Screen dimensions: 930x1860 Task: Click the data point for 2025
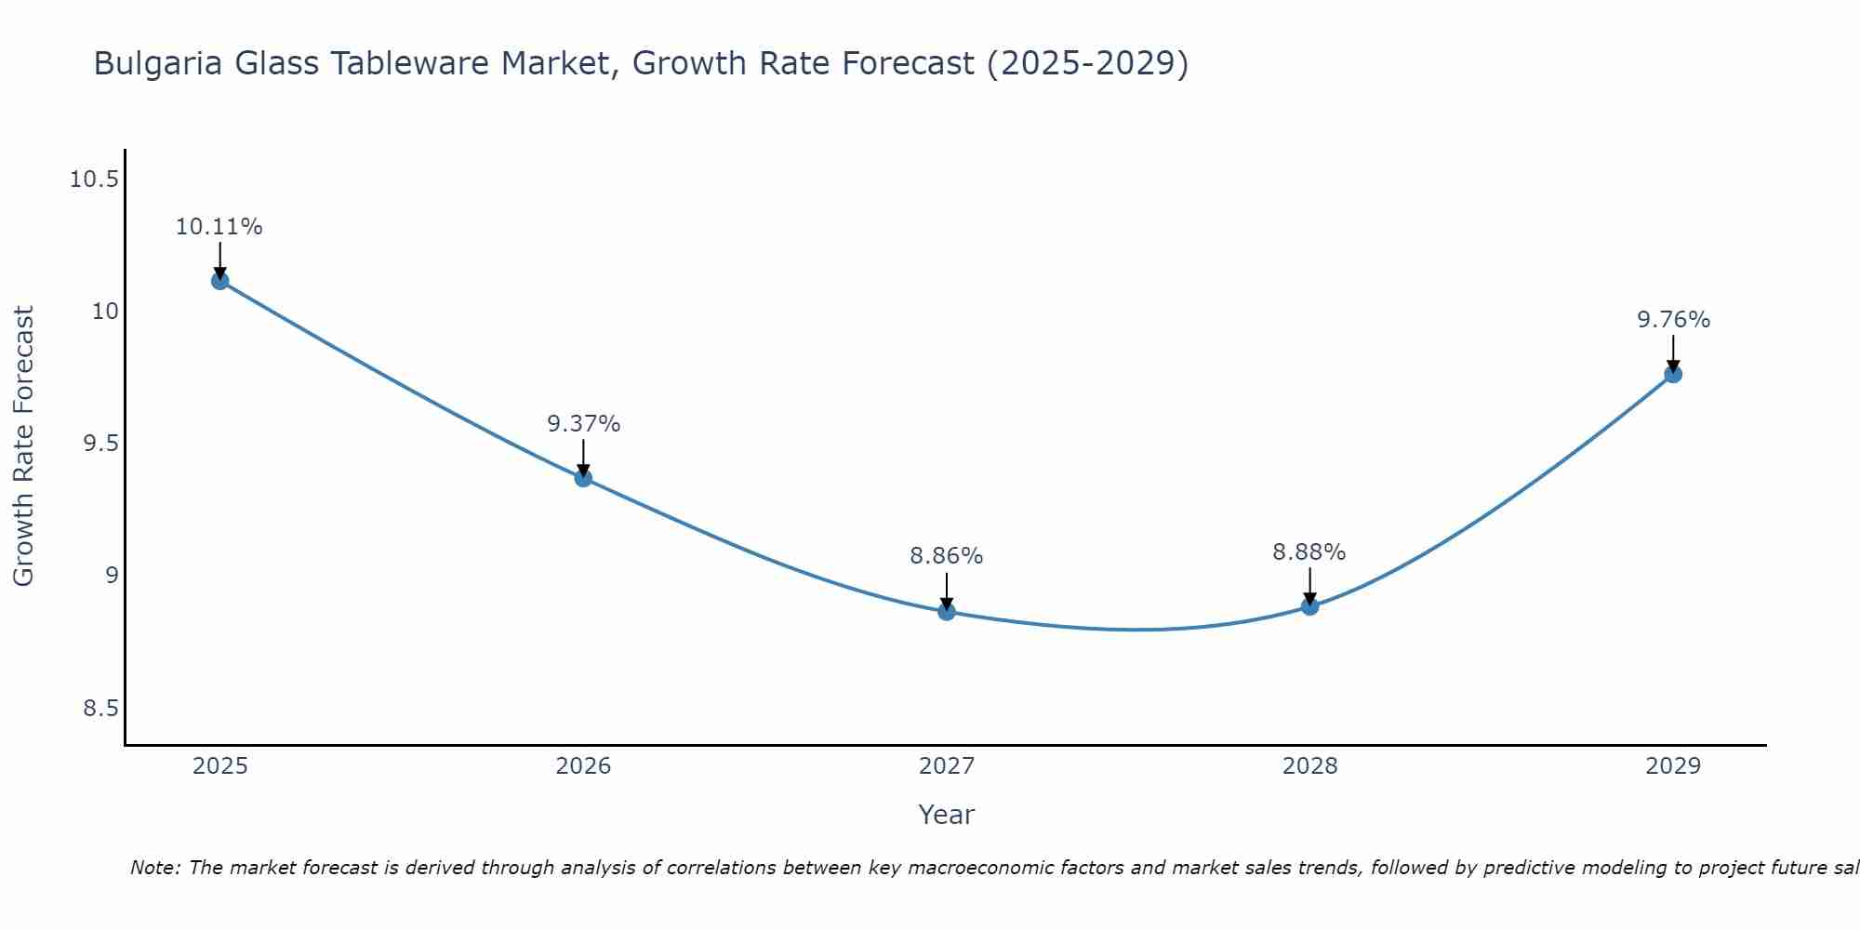(x=220, y=281)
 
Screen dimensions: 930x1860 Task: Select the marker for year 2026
(x=583, y=478)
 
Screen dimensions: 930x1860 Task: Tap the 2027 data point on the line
(x=947, y=612)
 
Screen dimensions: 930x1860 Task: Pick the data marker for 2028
(x=1309, y=606)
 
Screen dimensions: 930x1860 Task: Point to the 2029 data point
(x=1673, y=374)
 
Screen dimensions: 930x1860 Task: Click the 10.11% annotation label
(x=219, y=227)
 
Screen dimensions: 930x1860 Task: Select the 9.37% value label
(x=583, y=424)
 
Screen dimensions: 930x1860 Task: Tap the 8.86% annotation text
(x=947, y=556)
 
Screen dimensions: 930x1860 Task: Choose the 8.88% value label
(x=1309, y=552)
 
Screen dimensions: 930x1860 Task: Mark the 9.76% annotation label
(x=1673, y=320)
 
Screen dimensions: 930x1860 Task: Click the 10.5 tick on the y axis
(x=94, y=179)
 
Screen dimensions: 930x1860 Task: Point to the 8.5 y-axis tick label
(x=101, y=709)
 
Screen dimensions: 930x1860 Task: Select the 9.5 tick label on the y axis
(x=101, y=444)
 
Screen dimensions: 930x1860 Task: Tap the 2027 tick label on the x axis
(x=947, y=766)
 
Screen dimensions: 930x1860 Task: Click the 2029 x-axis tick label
(x=1673, y=766)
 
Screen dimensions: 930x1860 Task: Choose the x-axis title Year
(x=947, y=815)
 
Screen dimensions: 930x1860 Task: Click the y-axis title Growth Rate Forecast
(x=23, y=446)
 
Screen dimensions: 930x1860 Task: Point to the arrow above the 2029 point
(x=1673, y=353)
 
